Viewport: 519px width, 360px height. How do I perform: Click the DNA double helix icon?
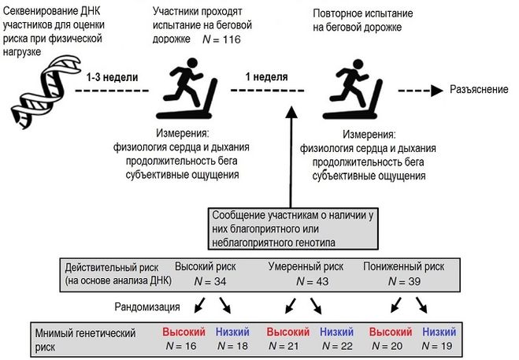coord(39,84)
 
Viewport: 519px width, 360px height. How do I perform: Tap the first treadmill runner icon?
coord(190,87)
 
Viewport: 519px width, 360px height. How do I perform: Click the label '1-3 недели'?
coord(112,77)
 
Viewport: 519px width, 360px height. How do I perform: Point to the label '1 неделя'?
coord(265,77)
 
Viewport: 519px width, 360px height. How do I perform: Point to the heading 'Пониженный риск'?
coord(404,265)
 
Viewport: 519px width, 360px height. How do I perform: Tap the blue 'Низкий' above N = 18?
coord(234,331)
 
